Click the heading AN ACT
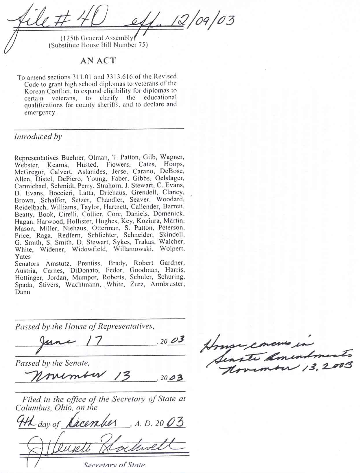(x=98, y=61)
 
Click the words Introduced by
(x=38, y=137)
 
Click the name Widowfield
(x=89, y=249)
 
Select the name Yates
(x=23, y=257)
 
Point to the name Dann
(x=23, y=292)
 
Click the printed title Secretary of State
(x=114, y=465)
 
